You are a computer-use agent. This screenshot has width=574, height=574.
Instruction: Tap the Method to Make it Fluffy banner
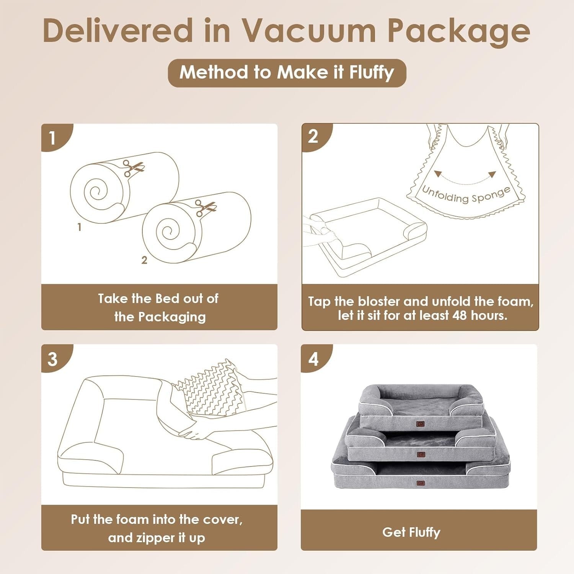(x=287, y=73)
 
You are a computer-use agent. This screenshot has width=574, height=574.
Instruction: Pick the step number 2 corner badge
(x=313, y=136)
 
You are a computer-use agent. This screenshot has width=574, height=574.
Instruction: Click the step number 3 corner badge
(x=53, y=359)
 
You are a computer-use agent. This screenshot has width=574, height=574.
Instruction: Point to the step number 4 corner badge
(x=313, y=359)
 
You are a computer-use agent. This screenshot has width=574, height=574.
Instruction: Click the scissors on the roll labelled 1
(x=133, y=168)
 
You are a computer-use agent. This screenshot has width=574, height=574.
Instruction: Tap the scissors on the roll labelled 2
(x=205, y=207)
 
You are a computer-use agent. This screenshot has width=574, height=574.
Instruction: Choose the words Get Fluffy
(x=411, y=532)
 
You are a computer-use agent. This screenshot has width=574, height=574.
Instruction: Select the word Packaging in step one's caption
(x=172, y=317)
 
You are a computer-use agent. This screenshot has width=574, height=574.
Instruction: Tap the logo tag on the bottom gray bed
(x=421, y=483)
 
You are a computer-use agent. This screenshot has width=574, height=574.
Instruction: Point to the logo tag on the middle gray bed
(x=421, y=454)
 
